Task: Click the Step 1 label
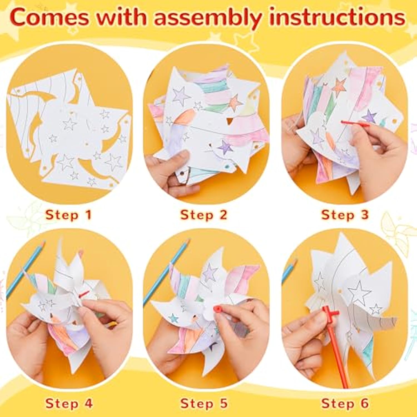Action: [x=68, y=215]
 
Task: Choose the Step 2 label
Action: [x=204, y=215]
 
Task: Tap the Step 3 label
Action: [x=345, y=215]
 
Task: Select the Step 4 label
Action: [x=69, y=404]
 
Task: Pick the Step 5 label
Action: [x=204, y=404]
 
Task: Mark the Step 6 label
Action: [x=345, y=404]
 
